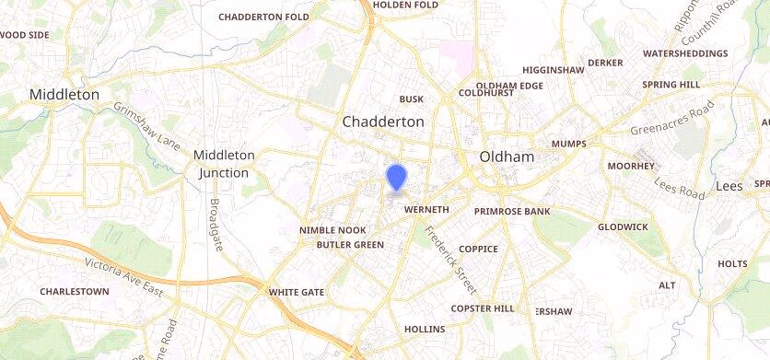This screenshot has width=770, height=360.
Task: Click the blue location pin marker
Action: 396,177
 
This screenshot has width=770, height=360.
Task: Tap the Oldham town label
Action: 507,157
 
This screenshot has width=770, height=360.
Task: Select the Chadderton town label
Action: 383,122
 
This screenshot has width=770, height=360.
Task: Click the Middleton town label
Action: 64,94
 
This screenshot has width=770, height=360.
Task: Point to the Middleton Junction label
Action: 224,164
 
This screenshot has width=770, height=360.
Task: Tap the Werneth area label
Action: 426,210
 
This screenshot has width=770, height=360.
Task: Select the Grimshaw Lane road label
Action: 146,126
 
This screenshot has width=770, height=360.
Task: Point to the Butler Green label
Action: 350,245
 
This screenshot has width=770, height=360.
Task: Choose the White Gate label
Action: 296,292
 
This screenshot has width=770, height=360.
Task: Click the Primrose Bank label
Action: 512,211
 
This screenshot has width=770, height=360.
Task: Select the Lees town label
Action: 729,186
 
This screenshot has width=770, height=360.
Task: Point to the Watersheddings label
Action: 684,53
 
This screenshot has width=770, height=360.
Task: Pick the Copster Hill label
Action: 483,308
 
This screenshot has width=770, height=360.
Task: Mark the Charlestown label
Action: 74,291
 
